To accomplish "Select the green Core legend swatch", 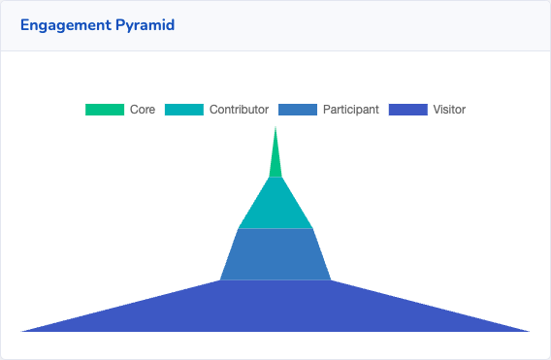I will [x=105, y=110].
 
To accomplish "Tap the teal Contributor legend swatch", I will [x=184, y=110].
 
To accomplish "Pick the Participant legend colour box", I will [x=298, y=110].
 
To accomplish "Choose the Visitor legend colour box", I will [x=407, y=110].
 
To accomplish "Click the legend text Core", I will [x=143, y=110].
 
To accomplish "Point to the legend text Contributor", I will [x=239, y=110].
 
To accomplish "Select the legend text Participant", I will [x=350, y=110].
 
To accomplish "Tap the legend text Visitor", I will [x=449, y=110].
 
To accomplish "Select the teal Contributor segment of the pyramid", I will [x=275, y=204].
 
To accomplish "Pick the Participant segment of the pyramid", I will [x=275, y=254].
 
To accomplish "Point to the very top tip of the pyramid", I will [x=275, y=128].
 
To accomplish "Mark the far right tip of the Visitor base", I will [x=528, y=331].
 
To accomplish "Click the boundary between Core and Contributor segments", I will [x=275, y=177].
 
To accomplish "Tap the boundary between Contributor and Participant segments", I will [x=275, y=229].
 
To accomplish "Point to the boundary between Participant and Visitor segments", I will [x=275, y=280].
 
